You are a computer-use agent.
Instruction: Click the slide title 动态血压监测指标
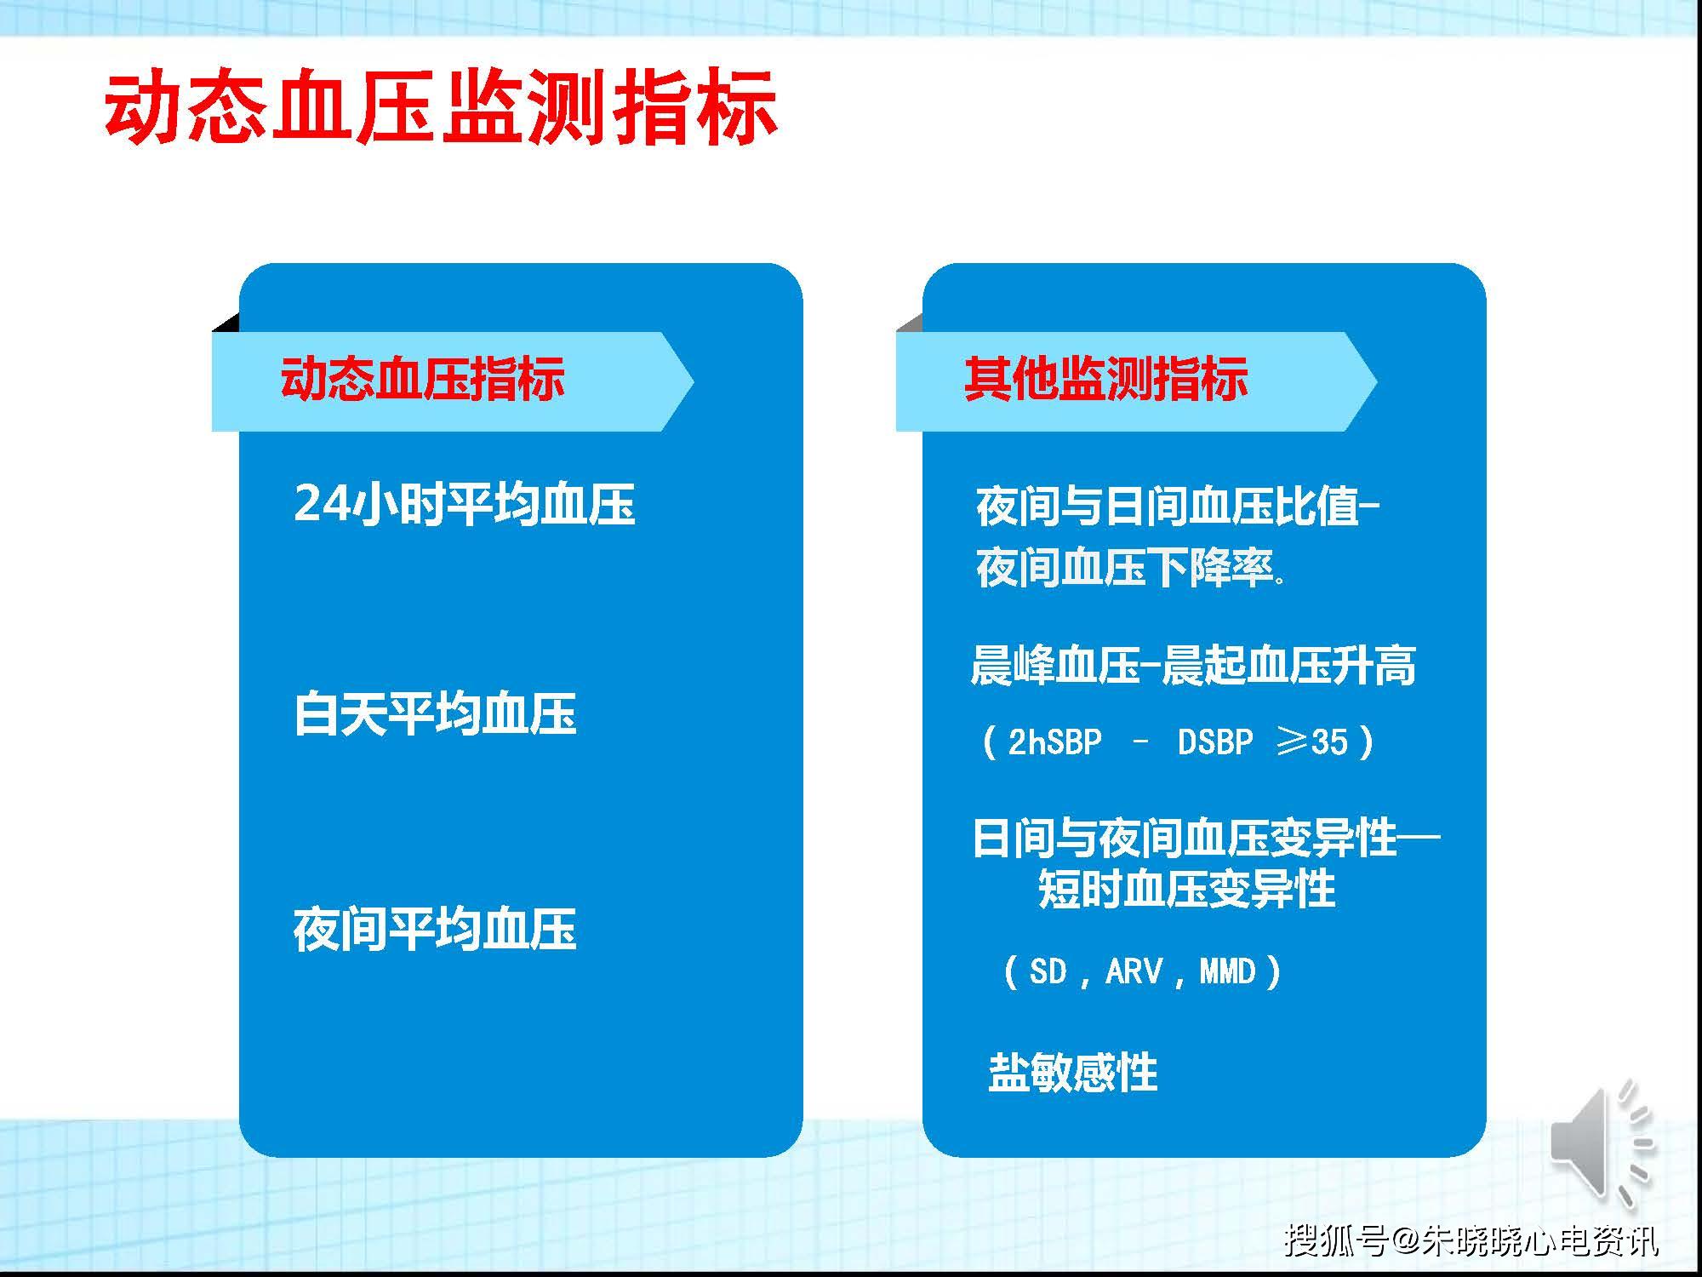click(441, 108)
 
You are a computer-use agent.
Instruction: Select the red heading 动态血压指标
click(422, 379)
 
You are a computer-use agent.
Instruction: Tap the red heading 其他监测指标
click(1105, 379)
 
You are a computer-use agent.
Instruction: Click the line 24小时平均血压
click(465, 503)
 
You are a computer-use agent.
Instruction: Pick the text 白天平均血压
click(435, 713)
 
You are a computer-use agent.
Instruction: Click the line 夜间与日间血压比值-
click(1178, 507)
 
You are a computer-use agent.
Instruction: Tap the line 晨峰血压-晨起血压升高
click(1193, 666)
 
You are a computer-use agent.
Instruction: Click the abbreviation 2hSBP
click(1054, 742)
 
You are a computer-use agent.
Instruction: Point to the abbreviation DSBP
click(1215, 742)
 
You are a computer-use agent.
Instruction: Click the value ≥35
click(1313, 742)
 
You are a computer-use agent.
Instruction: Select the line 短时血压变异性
click(1187, 890)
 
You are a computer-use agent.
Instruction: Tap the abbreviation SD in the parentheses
click(1048, 971)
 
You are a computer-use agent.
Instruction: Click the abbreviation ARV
click(1134, 971)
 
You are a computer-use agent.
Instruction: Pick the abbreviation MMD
click(1227, 971)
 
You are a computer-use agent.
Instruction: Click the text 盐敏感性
click(1073, 1072)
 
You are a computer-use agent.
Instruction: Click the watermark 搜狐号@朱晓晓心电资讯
click(1471, 1240)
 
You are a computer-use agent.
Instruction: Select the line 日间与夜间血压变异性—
click(1206, 838)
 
